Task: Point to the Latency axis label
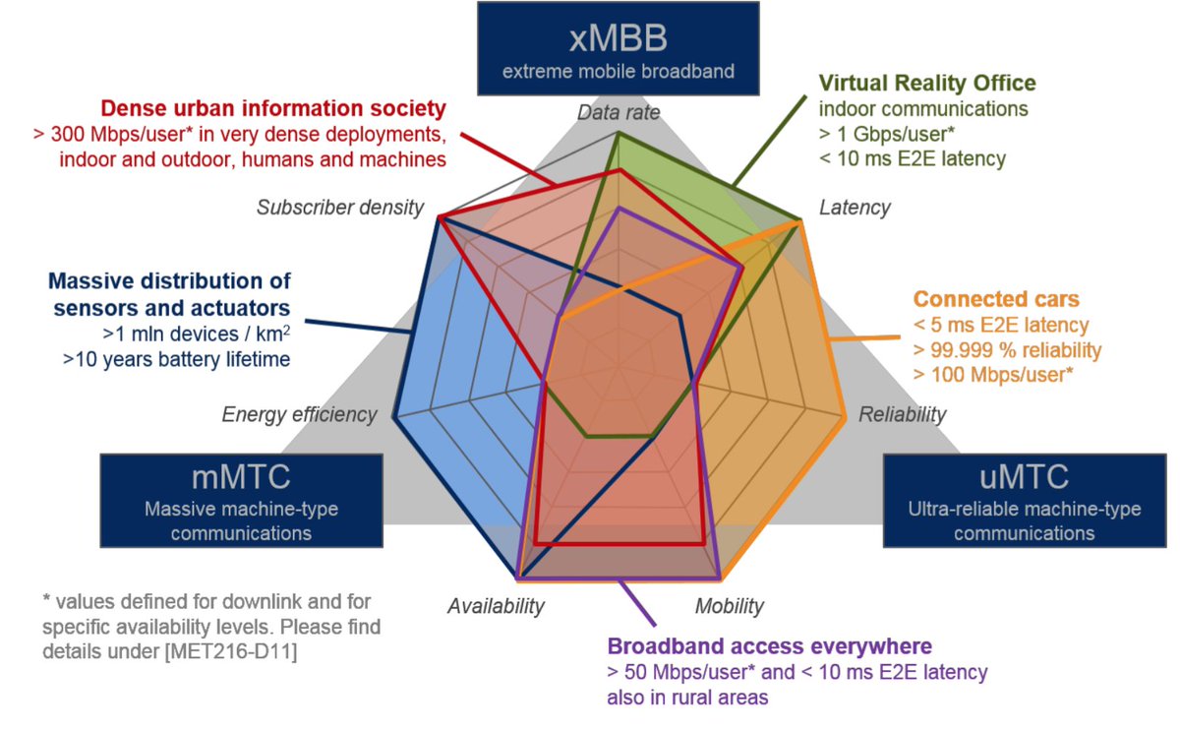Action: (x=855, y=208)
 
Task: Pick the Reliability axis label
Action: (x=903, y=414)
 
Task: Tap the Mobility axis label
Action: (x=729, y=606)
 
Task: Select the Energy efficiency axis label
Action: (x=299, y=414)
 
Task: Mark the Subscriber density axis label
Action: (x=340, y=208)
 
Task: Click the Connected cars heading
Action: (x=995, y=299)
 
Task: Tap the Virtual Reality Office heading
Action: (x=927, y=83)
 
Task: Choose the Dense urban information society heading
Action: (x=273, y=107)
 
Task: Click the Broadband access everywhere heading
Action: (x=770, y=647)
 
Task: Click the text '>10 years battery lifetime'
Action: (x=177, y=360)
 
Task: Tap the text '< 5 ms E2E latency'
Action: (x=1000, y=325)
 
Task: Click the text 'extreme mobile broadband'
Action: (x=619, y=72)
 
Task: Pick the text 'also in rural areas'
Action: (x=687, y=698)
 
